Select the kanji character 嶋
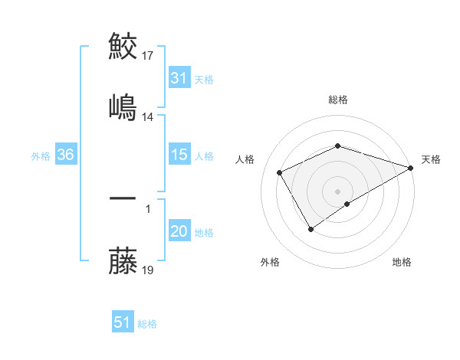coord(123,106)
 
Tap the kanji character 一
coord(123,198)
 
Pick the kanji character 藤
coord(123,260)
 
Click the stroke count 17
coord(149,56)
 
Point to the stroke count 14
coord(149,117)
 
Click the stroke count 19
coord(149,270)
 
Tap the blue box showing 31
coord(179,78)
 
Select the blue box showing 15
coord(179,155)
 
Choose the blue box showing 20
coord(179,231)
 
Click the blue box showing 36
coord(66,155)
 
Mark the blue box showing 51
coord(123,322)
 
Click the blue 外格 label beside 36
coord(41,155)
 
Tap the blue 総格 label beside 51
coord(147,324)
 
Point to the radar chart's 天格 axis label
coord(431,160)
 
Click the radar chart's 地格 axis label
coord(402,263)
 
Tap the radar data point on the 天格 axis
coord(412,166)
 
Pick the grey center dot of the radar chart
coord(337,191)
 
